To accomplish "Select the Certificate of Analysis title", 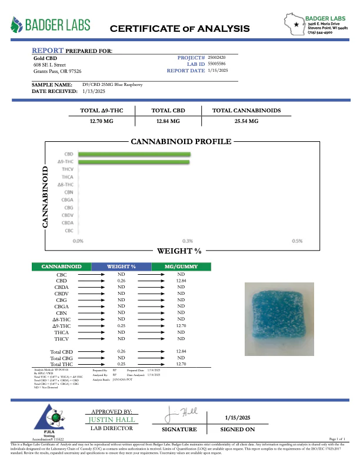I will [180, 28].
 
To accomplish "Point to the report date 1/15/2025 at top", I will [218, 70].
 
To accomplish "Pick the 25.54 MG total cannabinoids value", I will [246, 121].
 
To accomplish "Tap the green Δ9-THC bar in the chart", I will [134, 161].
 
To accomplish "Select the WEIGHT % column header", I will [121, 267].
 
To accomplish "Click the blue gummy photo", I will [273, 313].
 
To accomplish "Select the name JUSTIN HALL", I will [112, 420].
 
